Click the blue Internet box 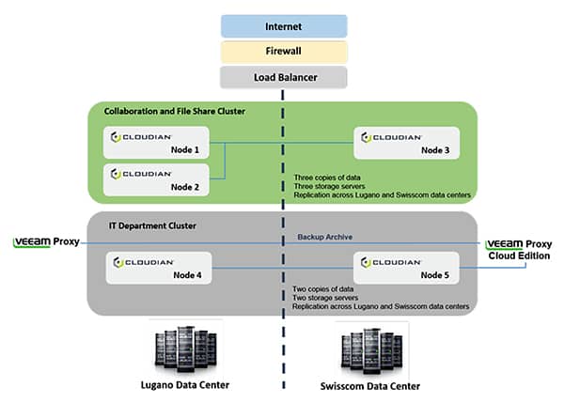[x=284, y=26]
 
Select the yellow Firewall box [x=284, y=52]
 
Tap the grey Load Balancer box [x=284, y=77]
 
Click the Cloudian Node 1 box [x=156, y=143]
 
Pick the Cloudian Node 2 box [x=156, y=179]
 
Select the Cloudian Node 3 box [x=406, y=143]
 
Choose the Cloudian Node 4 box [x=159, y=268]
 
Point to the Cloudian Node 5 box [x=406, y=268]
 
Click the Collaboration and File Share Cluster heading [x=175, y=111]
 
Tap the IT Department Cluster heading [x=152, y=225]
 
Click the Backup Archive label [x=325, y=237]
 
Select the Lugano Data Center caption [x=185, y=385]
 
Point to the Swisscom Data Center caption [x=370, y=386]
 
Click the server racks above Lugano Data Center [x=185, y=349]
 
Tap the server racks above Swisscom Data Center [x=372, y=351]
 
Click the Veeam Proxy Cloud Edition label [x=519, y=250]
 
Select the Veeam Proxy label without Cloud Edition [x=46, y=242]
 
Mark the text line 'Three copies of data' [x=327, y=178]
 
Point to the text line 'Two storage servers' [x=325, y=298]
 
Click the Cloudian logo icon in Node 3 [x=366, y=137]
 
